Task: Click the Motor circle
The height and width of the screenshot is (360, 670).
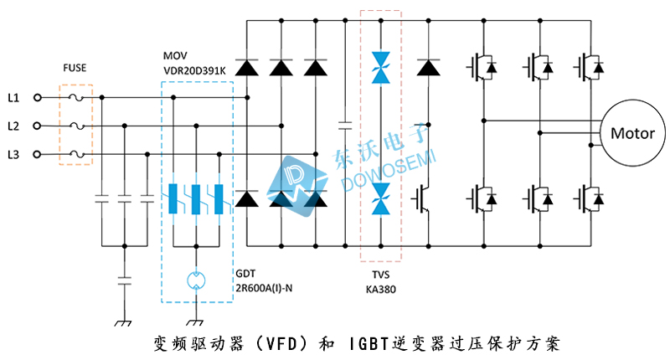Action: click(x=632, y=133)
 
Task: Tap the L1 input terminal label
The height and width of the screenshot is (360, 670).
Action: click(x=13, y=98)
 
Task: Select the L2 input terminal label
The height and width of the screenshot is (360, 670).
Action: click(x=13, y=126)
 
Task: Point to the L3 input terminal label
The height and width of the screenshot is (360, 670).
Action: click(x=13, y=154)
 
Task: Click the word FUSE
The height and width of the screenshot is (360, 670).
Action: click(x=75, y=68)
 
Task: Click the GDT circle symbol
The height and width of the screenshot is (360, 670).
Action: click(x=196, y=280)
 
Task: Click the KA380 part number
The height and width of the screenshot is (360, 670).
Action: click(x=381, y=290)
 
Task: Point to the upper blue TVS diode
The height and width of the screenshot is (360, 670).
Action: click(x=381, y=68)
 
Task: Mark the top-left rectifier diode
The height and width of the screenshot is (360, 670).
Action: click(x=246, y=68)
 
